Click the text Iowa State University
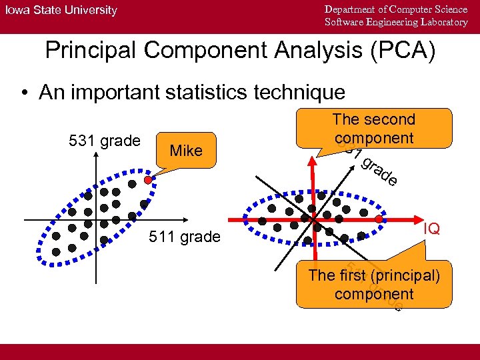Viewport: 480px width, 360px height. pos(61,10)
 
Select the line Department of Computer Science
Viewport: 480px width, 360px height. pos(396,9)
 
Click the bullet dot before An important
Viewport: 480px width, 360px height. pos(26,93)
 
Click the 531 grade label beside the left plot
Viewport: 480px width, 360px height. pos(105,141)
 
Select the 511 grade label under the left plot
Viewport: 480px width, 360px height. pos(185,236)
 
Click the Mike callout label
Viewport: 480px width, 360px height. pos(186,151)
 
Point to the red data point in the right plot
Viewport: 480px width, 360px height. pos(379,219)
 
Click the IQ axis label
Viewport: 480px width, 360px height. pos(432,229)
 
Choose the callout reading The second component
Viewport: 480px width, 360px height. pos(373,129)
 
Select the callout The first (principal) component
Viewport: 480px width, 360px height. pos(373,285)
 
